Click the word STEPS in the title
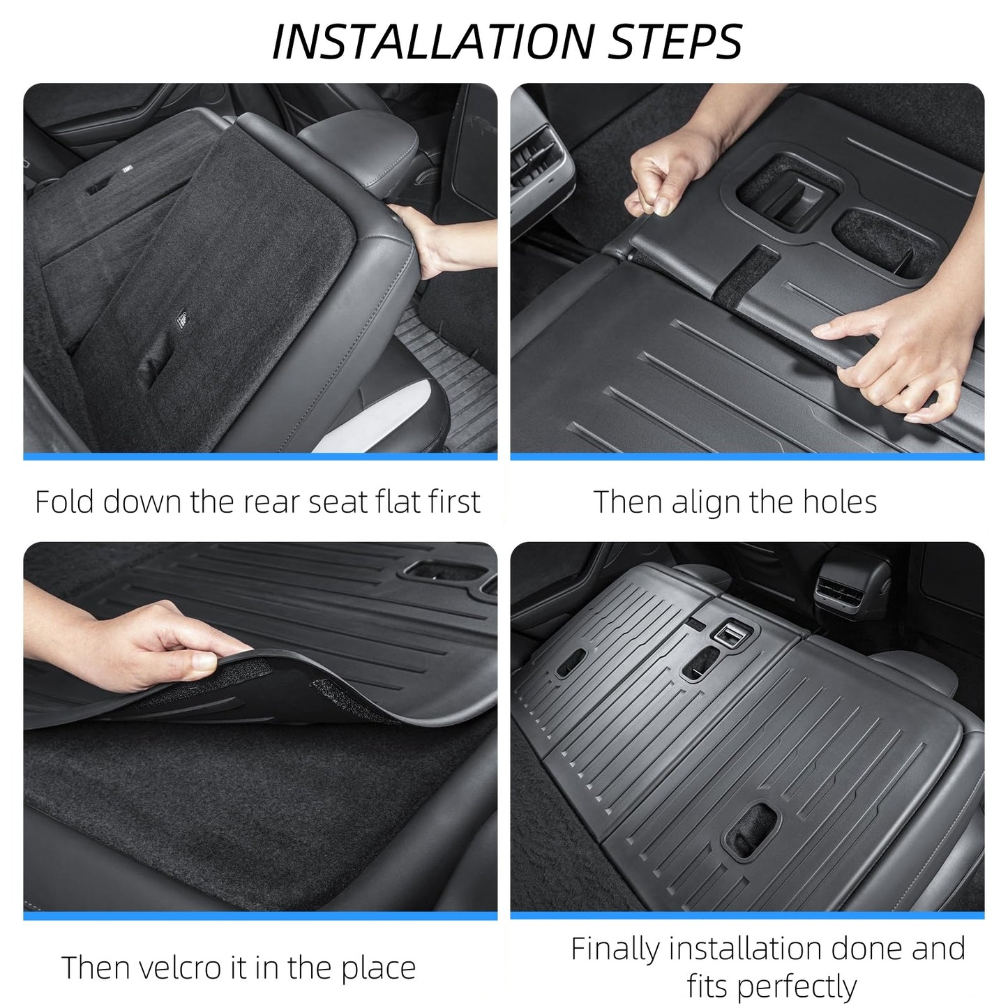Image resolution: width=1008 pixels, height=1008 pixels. [x=675, y=42]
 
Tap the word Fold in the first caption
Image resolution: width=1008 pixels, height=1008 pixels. [x=64, y=502]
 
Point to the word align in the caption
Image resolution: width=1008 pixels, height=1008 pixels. [x=705, y=502]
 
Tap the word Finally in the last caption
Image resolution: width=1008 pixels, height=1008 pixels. [x=614, y=949]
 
